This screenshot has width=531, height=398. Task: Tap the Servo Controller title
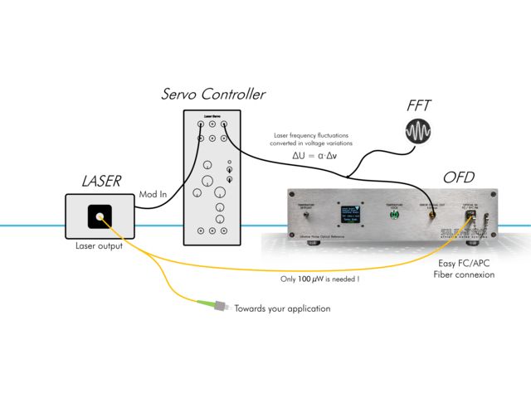click(x=213, y=94)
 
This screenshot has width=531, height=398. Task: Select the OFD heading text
click(x=459, y=177)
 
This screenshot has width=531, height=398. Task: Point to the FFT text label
click(x=418, y=105)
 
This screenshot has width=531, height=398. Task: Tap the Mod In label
click(x=152, y=194)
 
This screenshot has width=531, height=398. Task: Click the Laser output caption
click(x=99, y=245)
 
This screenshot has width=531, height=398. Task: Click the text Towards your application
click(x=282, y=308)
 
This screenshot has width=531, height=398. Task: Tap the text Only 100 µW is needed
click(x=319, y=279)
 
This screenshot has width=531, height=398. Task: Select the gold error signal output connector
click(x=431, y=214)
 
